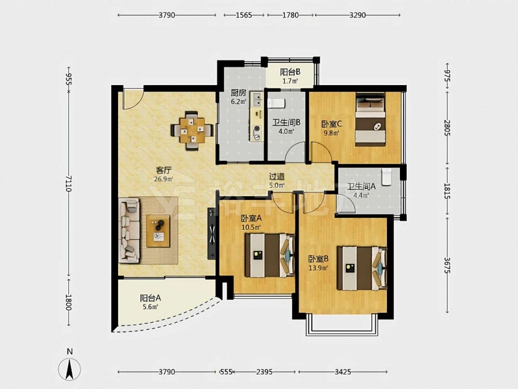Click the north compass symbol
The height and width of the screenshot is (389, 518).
(69, 368)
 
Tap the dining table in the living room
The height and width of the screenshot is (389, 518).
(192, 130)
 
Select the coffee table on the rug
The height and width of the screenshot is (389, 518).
(158, 231)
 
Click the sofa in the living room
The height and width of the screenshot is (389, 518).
(129, 230)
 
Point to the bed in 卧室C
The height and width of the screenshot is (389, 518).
(370, 119)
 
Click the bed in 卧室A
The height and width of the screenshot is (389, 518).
(269, 255)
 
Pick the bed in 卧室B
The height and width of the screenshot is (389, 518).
(362, 268)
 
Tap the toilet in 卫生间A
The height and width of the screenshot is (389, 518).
(386, 176)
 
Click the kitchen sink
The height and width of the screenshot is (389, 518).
(256, 99)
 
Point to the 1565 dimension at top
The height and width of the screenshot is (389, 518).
(244, 15)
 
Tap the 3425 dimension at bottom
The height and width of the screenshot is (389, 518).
(342, 372)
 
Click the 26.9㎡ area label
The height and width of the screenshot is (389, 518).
(164, 179)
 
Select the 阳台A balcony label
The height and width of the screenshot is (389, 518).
(150, 298)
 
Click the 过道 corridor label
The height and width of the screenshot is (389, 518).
(277, 177)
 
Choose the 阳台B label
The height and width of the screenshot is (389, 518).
(290, 72)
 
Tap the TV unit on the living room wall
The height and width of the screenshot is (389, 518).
(211, 233)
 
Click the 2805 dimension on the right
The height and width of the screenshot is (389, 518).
(447, 128)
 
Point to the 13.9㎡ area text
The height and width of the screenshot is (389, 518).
(318, 268)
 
